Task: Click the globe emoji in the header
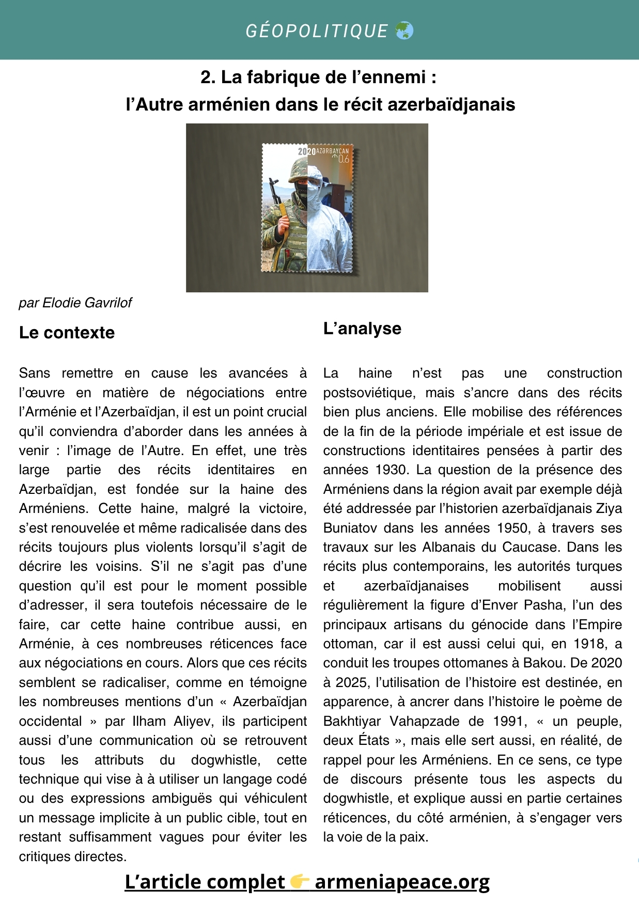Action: coord(404,31)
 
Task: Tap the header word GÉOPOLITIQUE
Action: coord(317,31)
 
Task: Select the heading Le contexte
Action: coord(67,333)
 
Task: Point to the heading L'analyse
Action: coord(362,329)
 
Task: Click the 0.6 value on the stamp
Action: coord(344,159)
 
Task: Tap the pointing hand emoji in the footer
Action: coord(300,882)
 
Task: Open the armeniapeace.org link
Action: coord(402,882)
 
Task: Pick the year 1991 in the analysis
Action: coord(509,721)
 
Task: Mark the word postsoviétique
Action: coord(369,393)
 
